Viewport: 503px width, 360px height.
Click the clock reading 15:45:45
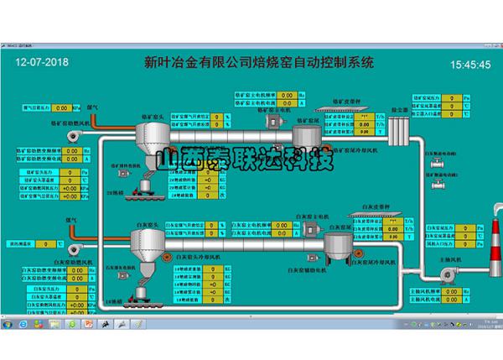click(x=469, y=65)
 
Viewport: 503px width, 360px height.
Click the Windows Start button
click(x=7, y=322)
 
